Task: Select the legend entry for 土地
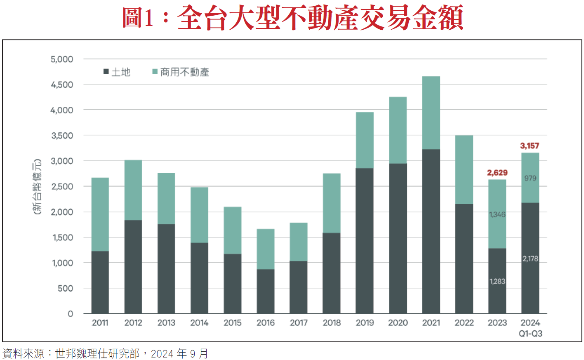click(117, 72)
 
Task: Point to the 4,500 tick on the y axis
click(62, 85)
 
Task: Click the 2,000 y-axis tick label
click(62, 212)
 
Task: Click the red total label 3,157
click(530, 146)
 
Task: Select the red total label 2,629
click(497, 173)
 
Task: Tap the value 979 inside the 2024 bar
click(530, 178)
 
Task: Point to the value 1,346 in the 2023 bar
click(497, 214)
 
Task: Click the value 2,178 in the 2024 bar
click(530, 259)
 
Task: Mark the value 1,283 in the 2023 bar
click(497, 281)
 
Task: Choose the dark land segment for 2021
click(431, 231)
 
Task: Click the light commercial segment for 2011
click(100, 214)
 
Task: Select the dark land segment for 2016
click(266, 291)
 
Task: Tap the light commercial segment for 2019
click(365, 140)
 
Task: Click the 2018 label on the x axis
click(332, 323)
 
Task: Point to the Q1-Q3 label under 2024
click(530, 334)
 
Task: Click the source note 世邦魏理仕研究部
click(97, 353)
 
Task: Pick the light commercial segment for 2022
click(464, 169)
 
